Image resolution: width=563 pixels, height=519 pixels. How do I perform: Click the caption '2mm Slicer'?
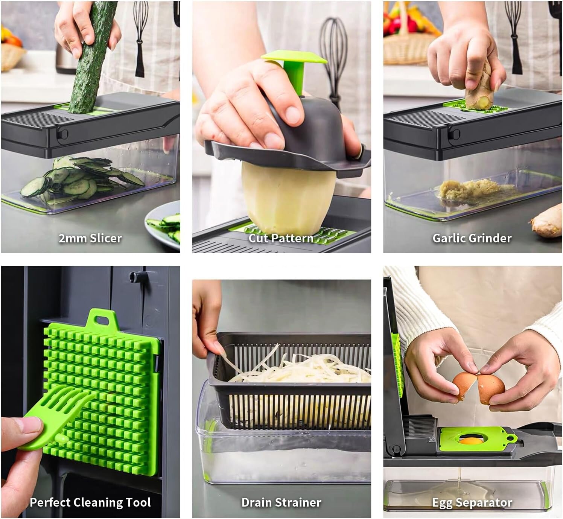(90, 238)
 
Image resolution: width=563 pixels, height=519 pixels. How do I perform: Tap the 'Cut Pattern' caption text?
(281, 238)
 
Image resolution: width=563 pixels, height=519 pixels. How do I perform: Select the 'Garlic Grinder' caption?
(472, 238)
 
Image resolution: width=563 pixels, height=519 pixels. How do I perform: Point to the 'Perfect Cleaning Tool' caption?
(90, 502)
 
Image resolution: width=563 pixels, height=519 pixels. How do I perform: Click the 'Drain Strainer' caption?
(281, 502)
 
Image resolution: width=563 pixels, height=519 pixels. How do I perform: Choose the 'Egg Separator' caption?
(472, 502)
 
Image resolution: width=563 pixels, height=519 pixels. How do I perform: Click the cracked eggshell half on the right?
(491, 390)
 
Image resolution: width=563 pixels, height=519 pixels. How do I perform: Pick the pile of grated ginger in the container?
(469, 187)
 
